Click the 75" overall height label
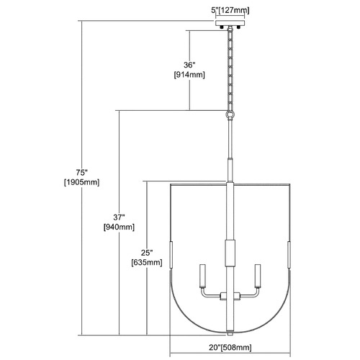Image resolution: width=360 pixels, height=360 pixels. pos(81,173)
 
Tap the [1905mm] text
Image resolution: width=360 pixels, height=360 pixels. pos(81,182)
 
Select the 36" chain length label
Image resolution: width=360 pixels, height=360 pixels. pos(189,65)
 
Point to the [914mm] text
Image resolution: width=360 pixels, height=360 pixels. pos(189,75)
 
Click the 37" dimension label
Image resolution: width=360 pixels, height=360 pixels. pos(119,217)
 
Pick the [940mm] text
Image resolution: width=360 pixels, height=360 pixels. pos(119,227)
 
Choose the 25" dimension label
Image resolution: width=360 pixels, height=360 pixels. pos(147,253)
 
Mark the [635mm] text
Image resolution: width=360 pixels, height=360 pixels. pos(147,263)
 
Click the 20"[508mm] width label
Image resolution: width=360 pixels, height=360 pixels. pos(230,347)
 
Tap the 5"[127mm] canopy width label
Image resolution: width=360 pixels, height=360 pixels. pos(230,10)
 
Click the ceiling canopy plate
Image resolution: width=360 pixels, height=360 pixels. pos(230,23)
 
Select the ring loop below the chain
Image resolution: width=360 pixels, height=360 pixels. pos(230,114)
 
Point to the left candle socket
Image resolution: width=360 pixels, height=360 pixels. pos(203,276)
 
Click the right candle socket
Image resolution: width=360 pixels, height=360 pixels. pos(258,276)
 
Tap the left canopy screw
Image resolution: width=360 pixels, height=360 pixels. pos(222,27)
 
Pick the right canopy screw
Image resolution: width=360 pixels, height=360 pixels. pos(238,27)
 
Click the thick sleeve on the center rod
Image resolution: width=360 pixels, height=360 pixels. pos(230,253)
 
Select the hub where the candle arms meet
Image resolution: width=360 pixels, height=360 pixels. pos(230,296)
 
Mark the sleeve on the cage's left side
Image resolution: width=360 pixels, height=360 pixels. pos(171,255)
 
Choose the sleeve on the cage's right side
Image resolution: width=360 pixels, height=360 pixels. pos(289,255)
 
